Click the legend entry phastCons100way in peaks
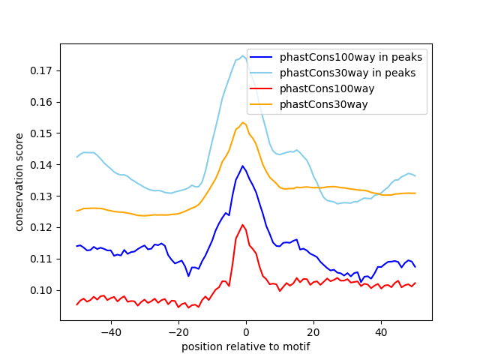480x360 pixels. [x=350, y=57]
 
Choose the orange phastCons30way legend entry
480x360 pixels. [x=323, y=104]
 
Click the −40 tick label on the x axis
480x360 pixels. [x=110, y=331]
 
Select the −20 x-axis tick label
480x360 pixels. [x=178, y=331]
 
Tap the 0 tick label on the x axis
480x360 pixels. [x=246, y=331]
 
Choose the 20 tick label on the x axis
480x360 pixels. [x=313, y=331]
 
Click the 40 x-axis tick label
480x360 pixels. [x=381, y=331]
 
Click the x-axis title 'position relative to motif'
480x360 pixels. [x=245, y=346]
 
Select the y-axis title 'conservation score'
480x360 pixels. [x=19, y=182]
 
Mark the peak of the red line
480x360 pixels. [x=243, y=224]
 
